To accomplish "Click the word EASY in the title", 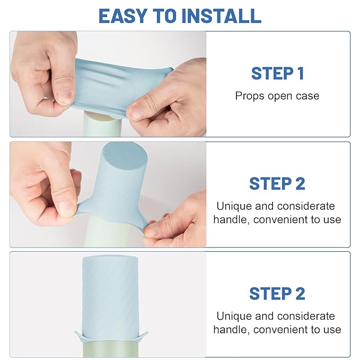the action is pos(123,16).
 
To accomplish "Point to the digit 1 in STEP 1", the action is pos(301,74).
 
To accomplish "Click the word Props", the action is pos(250,96).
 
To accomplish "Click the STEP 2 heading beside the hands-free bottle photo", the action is pos(277,294).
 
